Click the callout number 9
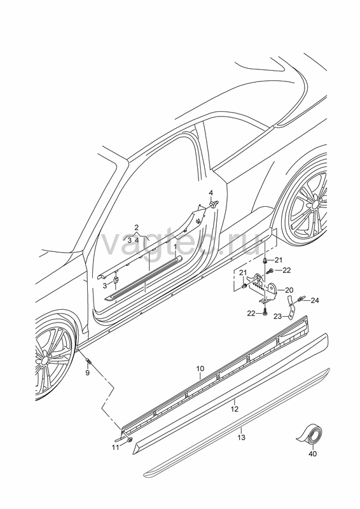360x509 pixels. (x=87, y=373)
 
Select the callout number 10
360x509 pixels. (x=200, y=368)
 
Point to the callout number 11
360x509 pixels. (x=116, y=447)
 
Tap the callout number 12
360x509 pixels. (x=235, y=409)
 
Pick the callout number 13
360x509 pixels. (x=241, y=438)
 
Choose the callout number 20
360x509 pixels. (x=289, y=290)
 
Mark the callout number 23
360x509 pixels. (x=278, y=316)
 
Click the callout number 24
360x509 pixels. (x=315, y=300)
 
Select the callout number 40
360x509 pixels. (x=312, y=454)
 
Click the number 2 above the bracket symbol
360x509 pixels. (x=137, y=227)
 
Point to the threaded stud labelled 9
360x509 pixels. (x=88, y=361)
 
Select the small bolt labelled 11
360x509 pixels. (x=130, y=440)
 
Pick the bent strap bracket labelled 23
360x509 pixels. (x=290, y=306)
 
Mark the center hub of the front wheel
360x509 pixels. (x=45, y=361)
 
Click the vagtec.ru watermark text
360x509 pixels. (x=182, y=242)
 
